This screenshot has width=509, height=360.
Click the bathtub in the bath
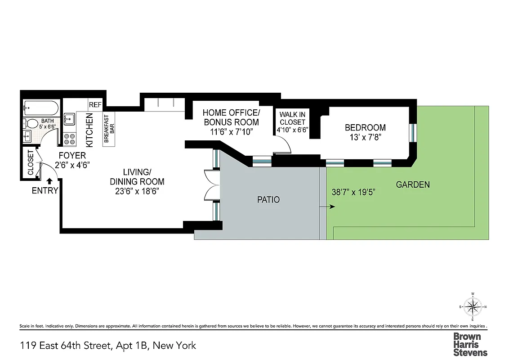41,108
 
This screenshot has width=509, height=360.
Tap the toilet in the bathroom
32,123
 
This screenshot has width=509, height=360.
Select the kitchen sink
70,120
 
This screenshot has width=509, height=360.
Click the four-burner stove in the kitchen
70,139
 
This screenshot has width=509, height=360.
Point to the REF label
95,104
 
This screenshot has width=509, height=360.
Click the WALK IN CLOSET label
292,118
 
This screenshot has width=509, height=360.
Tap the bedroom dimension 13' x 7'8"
365,138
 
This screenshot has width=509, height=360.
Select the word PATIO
268,199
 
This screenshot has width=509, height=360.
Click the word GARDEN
413,184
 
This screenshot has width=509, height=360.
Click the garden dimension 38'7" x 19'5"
353,192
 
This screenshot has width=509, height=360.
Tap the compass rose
473,307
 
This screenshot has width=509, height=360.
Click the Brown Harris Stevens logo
470,344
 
